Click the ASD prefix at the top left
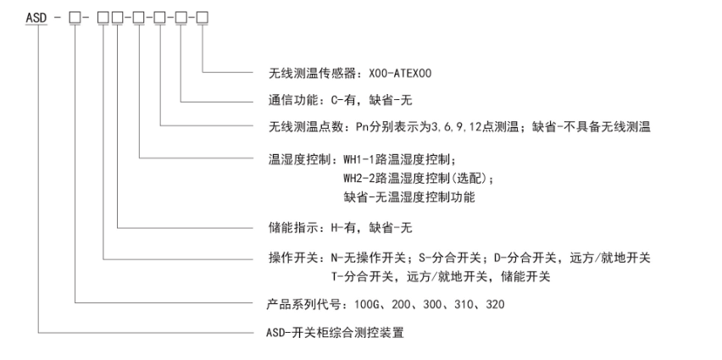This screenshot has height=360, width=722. tap(36, 18)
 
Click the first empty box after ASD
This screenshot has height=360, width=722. tap(75, 18)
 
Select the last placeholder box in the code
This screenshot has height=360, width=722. tap(203, 18)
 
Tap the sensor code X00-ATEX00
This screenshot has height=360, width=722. tap(400, 73)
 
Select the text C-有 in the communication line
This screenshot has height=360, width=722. tap(342, 100)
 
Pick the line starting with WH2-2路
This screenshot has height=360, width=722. tap(418, 178)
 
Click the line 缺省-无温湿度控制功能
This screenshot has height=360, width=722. tap(409, 197)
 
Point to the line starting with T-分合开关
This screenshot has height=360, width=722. tap(441, 277)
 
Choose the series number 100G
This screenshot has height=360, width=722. tap(367, 304)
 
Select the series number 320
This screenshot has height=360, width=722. tap(495, 304)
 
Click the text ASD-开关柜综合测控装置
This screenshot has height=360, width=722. tap(336, 332)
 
